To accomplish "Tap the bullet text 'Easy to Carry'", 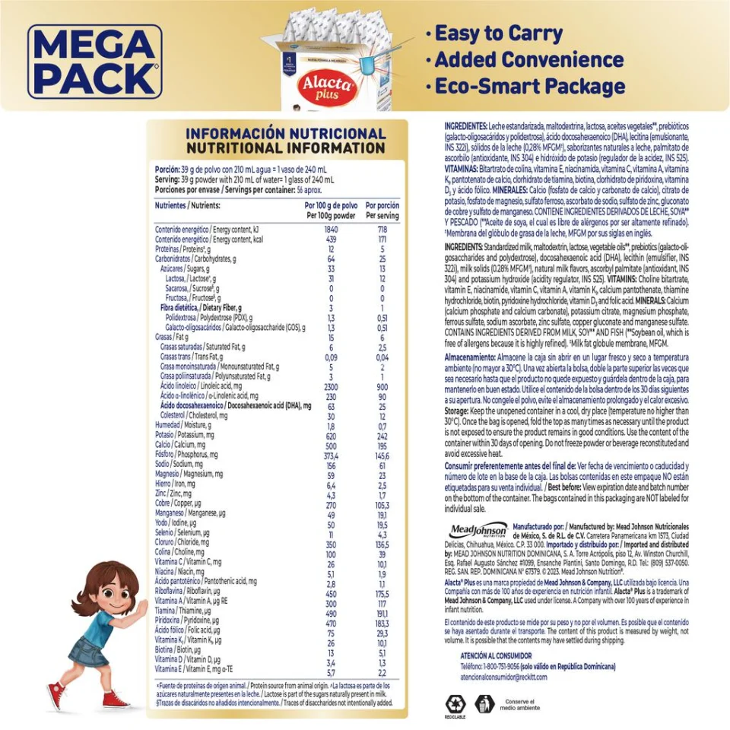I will click(x=498, y=33).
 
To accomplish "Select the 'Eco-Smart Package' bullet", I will click(x=529, y=86).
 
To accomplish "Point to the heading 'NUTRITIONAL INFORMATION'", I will click(x=286, y=148).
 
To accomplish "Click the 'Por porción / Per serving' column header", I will click(x=382, y=211).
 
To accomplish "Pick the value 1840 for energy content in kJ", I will click(x=331, y=229).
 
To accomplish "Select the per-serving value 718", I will click(x=382, y=229).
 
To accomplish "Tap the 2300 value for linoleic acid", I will click(x=331, y=387).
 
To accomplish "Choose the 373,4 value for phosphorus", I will click(x=331, y=455).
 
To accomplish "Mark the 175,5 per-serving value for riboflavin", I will click(x=382, y=593).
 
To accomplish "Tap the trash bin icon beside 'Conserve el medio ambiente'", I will click(x=484, y=704).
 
